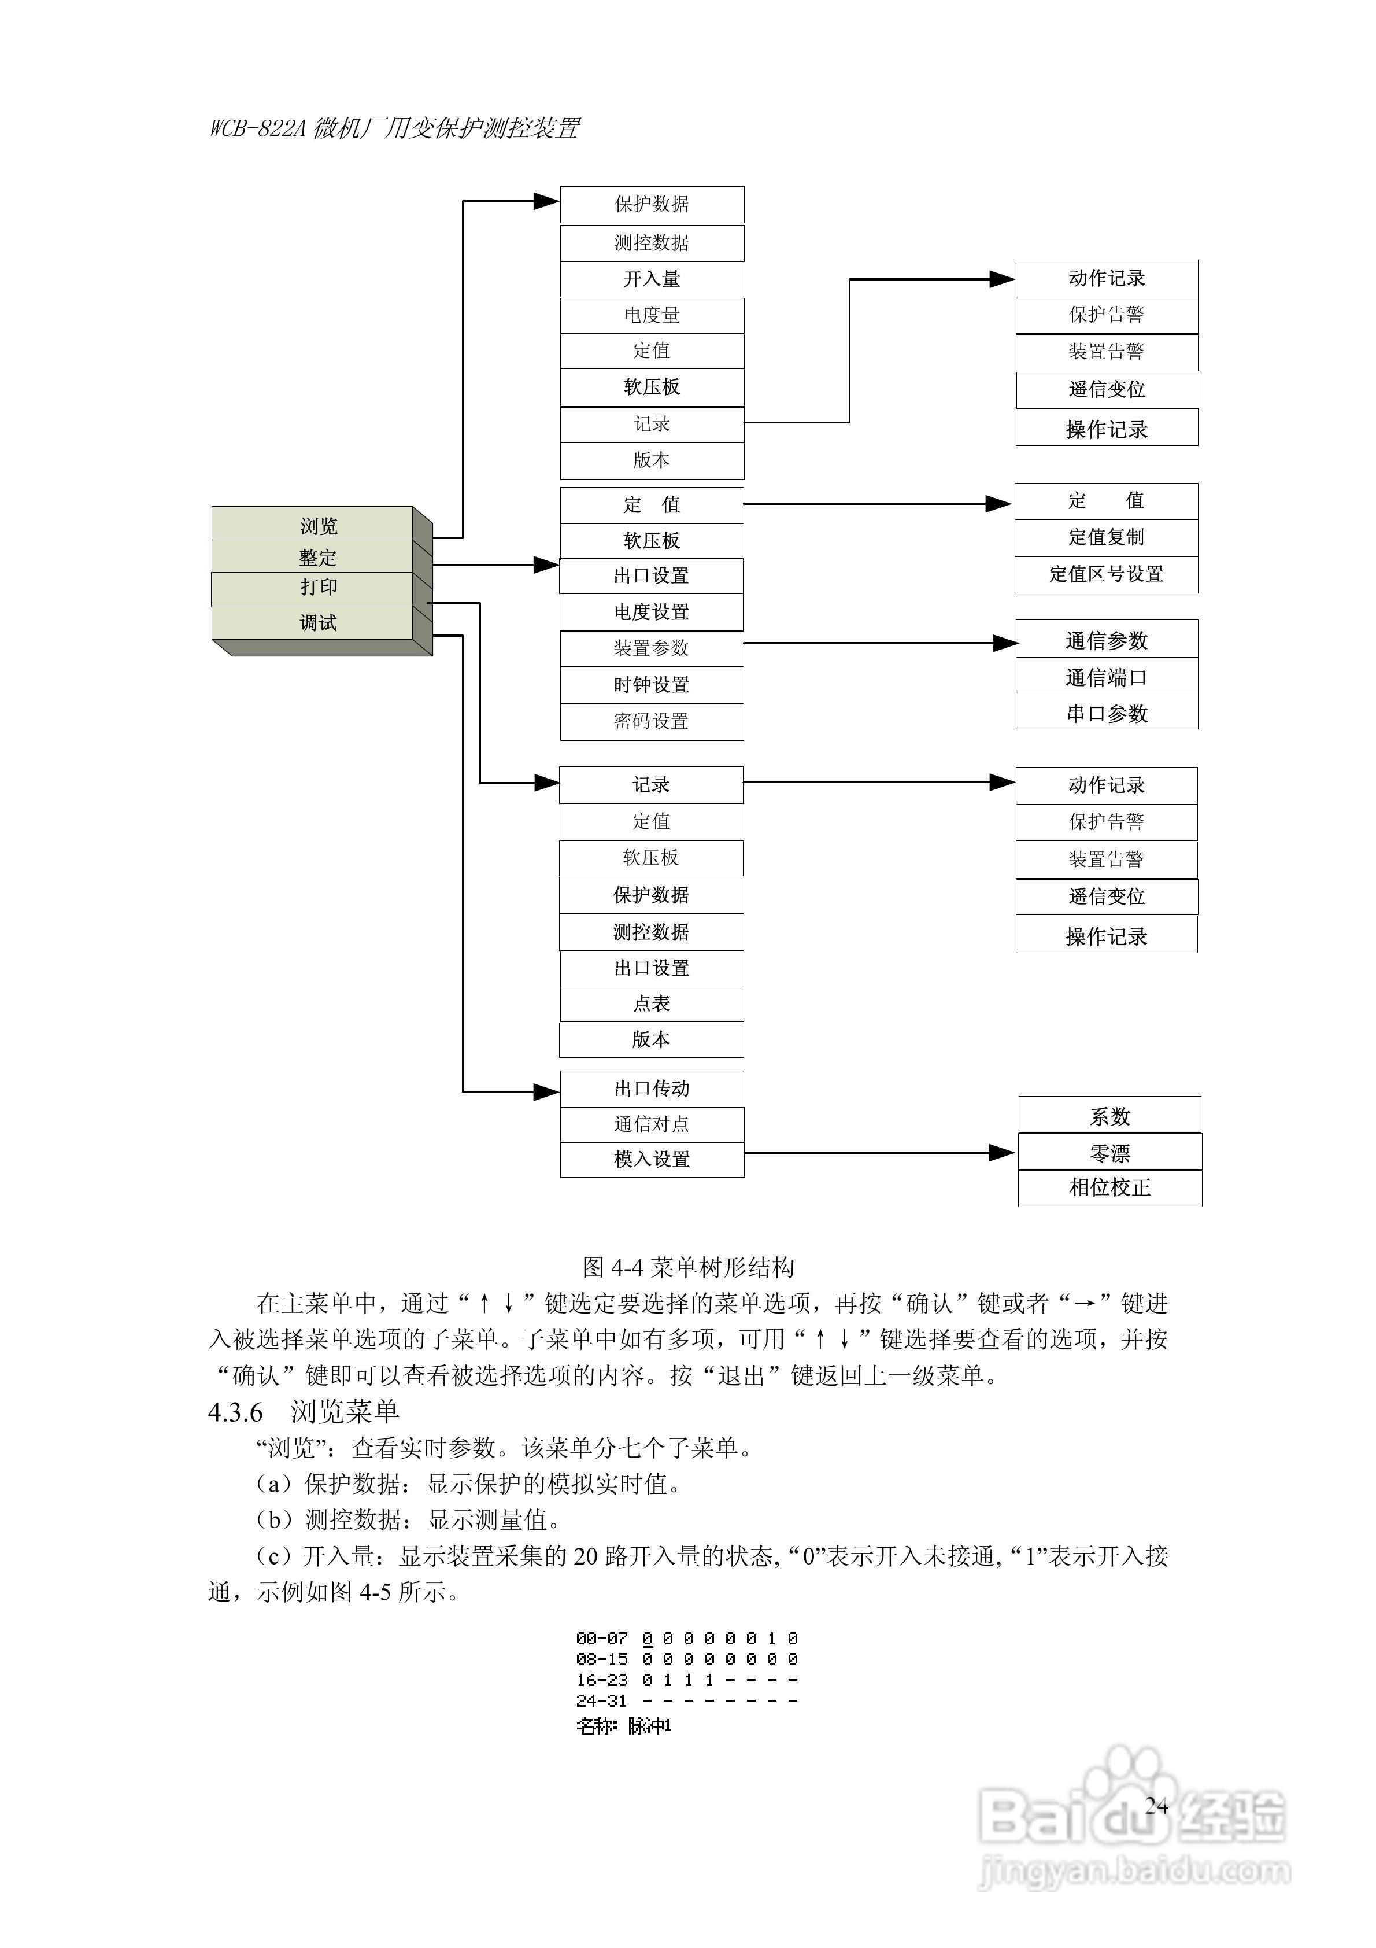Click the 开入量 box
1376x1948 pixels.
(652, 279)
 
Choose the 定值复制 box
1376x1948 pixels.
(1105, 537)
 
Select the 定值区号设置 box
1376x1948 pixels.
(1105, 574)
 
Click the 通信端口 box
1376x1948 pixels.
(1106, 677)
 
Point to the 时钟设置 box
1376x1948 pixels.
(652, 685)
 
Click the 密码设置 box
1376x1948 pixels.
(652, 721)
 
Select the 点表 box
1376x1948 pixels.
(652, 1003)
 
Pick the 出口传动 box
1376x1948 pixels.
(652, 1089)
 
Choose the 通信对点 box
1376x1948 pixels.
(652, 1124)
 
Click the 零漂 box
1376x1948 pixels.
(1109, 1153)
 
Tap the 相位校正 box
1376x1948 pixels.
(1109, 1188)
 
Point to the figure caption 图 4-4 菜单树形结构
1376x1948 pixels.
(688, 1268)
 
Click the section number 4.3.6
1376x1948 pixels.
(235, 1412)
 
